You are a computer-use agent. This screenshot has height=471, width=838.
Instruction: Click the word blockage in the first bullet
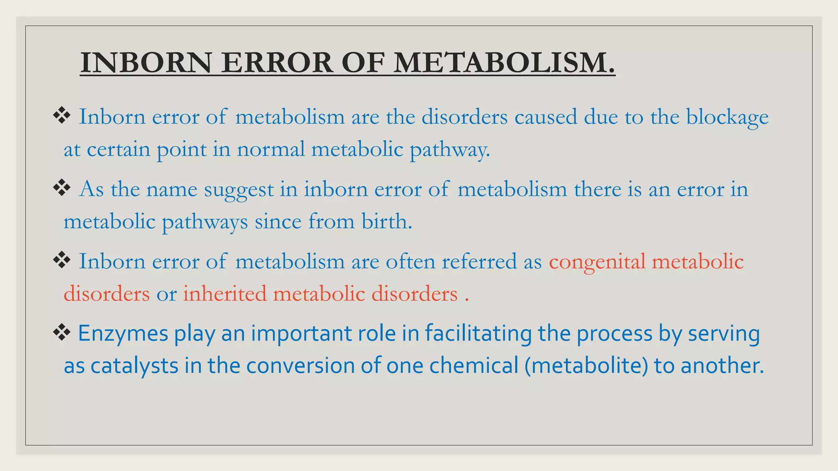coord(727,117)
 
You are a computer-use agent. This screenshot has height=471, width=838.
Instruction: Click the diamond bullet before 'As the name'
coord(62,188)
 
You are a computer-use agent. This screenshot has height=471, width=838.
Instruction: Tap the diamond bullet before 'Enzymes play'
coord(62,333)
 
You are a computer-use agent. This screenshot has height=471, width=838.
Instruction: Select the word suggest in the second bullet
coord(239,190)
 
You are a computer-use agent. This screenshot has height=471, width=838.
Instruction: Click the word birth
coord(386,222)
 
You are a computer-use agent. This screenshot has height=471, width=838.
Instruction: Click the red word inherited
coord(224,294)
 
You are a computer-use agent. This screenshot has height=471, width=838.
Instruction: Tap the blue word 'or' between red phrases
coord(167,294)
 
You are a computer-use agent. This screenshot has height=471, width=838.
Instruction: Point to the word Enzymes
coord(123,334)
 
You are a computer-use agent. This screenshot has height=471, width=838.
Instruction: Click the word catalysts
coord(134,366)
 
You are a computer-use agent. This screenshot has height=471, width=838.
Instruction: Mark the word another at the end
coord(722,366)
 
